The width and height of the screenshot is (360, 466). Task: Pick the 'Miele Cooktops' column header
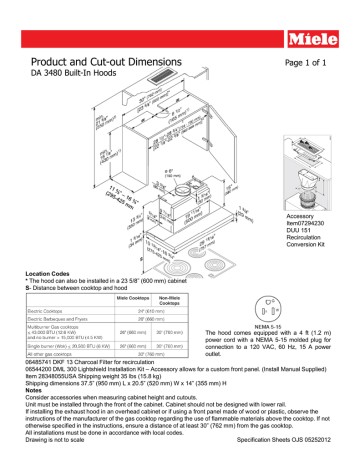click(x=132, y=300)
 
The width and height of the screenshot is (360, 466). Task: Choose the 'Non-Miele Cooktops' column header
click(x=170, y=300)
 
